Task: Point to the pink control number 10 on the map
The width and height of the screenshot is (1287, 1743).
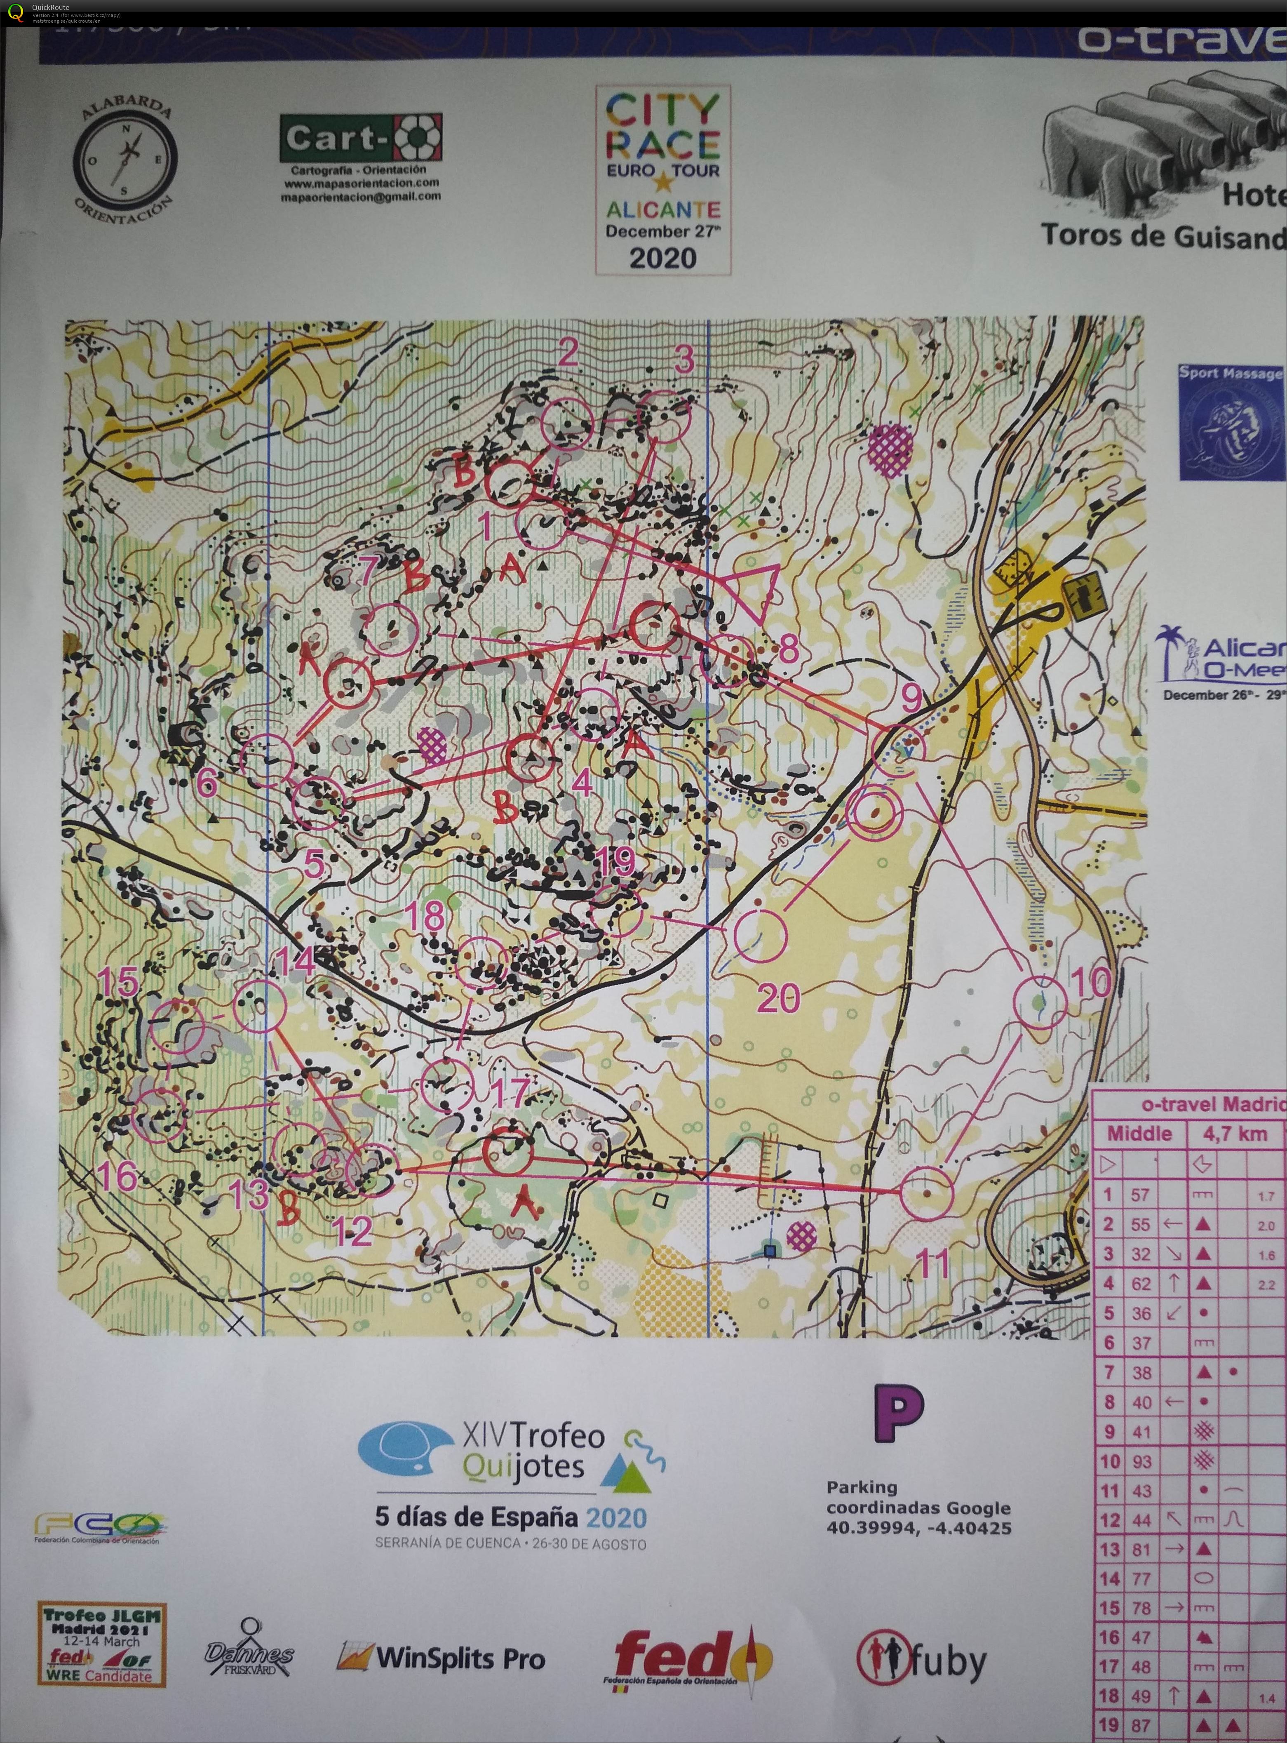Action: [1093, 983]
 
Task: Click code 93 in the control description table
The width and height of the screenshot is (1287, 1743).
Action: [1141, 1462]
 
